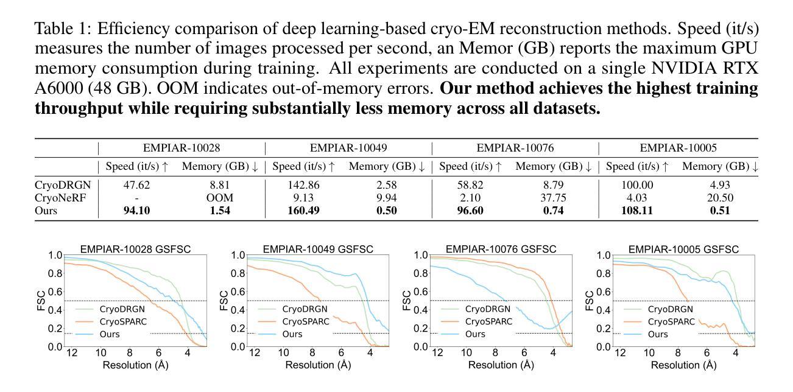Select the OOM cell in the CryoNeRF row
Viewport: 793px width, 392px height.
[220, 198]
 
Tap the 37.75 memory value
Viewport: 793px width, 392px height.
[553, 198]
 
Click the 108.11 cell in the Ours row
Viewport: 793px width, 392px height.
[635, 211]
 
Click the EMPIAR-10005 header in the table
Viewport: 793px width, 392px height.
[678, 147]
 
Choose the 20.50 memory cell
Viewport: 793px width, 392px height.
[719, 198]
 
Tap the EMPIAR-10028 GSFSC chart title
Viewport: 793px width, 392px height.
[135, 249]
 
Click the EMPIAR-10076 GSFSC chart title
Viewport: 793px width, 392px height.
[501, 249]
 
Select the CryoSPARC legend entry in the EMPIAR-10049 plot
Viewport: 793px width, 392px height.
[305, 321]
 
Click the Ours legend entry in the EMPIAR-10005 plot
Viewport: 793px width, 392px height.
[657, 334]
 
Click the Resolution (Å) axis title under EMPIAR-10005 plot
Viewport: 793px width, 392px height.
[683, 365]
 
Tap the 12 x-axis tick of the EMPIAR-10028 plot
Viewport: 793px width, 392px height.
[72, 353]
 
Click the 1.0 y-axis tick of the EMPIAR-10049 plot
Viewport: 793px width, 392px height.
[238, 256]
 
